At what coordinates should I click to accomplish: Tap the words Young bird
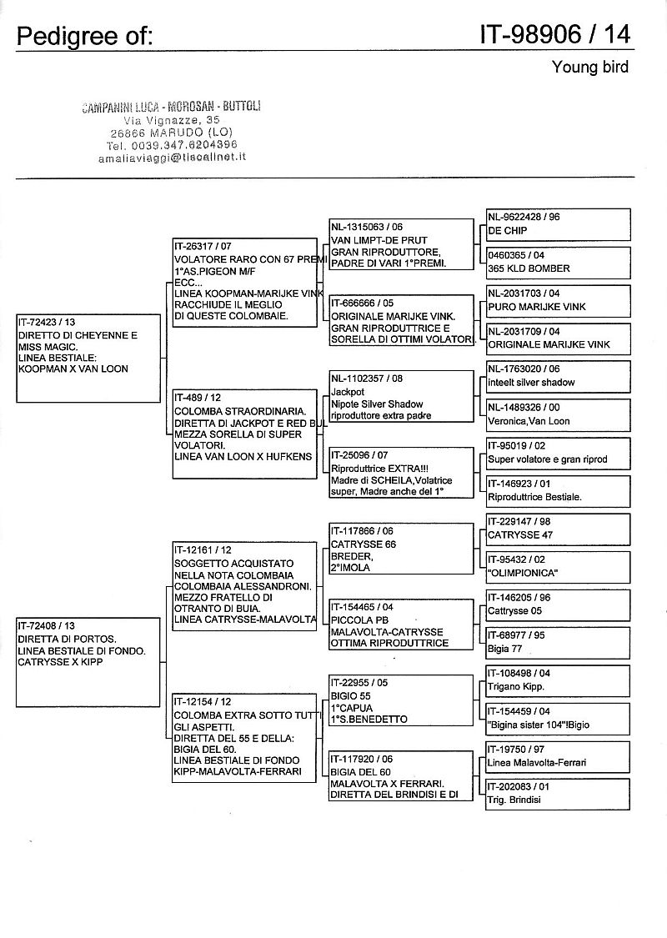click(589, 67)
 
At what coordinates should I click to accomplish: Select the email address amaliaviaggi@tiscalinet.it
click(178, 156)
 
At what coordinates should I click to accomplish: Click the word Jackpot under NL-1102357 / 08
click(348, 391)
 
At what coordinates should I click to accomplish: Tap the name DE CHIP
click(506, 230)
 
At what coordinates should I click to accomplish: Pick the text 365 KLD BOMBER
click(529, 268)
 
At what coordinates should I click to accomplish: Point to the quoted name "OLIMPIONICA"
click(522, 573)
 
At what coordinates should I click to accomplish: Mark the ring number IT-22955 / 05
click(359, 683)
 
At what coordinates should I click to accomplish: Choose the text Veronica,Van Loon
click(529, 421)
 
